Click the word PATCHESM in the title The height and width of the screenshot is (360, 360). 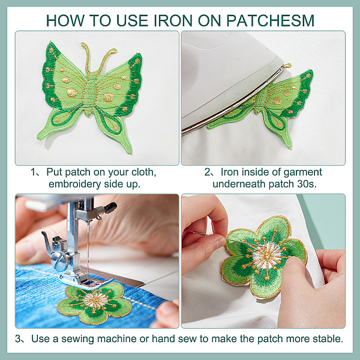click(270, 20)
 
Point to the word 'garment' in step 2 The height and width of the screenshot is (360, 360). click(303, 172)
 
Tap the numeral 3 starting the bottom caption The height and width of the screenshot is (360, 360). click(18, 339)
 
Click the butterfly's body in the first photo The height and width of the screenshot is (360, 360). click(90, 94)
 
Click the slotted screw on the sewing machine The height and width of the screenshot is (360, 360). click(58, 261)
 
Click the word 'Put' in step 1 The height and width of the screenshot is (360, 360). click(55, 172)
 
